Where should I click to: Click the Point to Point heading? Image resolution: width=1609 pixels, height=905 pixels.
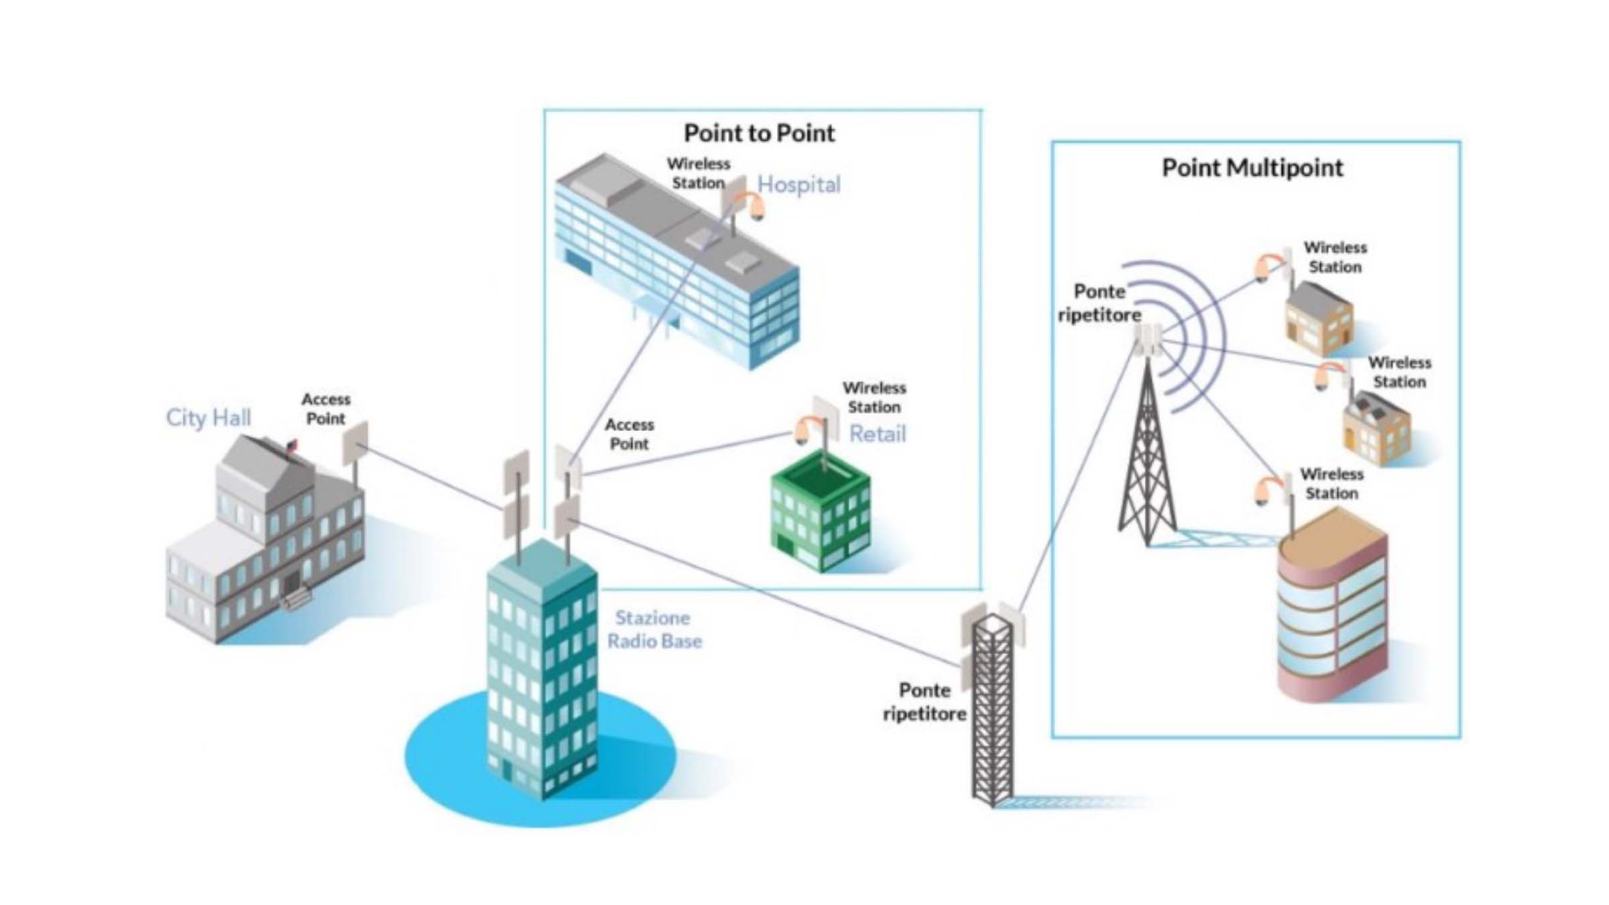(759, 133)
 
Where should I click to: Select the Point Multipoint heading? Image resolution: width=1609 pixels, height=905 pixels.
(1252, 168)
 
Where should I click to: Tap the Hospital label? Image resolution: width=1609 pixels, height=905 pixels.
(798, 184)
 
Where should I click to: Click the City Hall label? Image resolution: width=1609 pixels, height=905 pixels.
(208, 418)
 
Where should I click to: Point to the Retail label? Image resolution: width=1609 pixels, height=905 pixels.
(877, 434)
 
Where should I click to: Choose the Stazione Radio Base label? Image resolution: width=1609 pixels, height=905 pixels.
(654, 629)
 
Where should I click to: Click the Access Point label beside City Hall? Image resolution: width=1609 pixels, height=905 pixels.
(326, 409)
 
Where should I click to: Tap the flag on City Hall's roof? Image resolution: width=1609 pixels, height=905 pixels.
(292, 445)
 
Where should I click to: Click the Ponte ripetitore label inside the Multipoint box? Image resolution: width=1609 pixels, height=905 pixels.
(1099, 303)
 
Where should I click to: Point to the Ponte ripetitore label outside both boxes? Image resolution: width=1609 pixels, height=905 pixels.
(925, 702)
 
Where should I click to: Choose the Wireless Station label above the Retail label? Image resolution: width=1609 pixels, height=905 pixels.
(874, 398)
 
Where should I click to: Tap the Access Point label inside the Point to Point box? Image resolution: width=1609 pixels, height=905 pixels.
(629, 434)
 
